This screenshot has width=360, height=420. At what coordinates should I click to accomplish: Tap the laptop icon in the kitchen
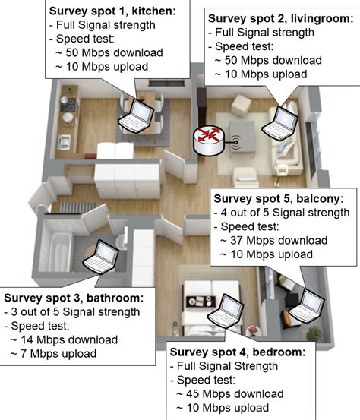[x=138, y=113]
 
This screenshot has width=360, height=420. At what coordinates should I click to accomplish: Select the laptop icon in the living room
[x=280, y=122]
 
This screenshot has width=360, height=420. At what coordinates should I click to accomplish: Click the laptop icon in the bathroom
[x=101, y=254]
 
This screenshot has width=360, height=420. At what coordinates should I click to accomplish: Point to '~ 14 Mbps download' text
[x=64, y=339]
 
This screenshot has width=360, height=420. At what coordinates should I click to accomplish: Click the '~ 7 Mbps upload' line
[x=53, y=353]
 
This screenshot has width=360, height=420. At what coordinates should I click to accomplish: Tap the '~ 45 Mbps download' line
[x=230, y=393]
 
